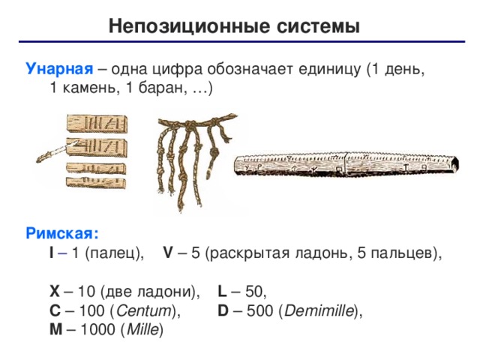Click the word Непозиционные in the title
tap(190, 25)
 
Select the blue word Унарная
tap(59, 69)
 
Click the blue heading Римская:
tap(62, 233)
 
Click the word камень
tap(91, 88)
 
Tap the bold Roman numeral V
tap(168, 253)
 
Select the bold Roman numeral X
tap(55, 291)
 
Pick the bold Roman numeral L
tap(222, 291)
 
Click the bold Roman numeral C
tap(55, 310)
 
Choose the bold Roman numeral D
tap(223, 310)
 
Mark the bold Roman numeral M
tap(56, 330)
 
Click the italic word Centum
tap(144, 310)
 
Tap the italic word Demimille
tap(319, 310)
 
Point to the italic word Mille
tap(143, 330)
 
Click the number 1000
tap(97, 330)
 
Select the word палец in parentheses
tap(112, 253)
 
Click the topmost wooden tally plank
tap(97, 124)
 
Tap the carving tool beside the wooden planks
tap(56, 151)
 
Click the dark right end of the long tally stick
tap(454, 165)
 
